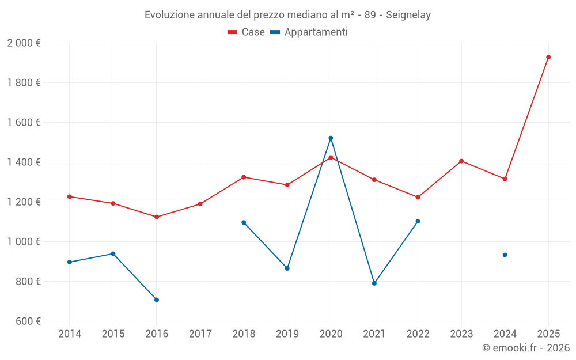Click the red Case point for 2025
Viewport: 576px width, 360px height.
pos(548,57)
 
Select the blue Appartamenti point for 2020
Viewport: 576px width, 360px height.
pos(331,138)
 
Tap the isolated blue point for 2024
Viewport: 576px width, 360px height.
pos(505,255)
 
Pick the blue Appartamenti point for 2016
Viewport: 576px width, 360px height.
pos(157,300)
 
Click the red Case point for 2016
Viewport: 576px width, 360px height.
pos(157,217)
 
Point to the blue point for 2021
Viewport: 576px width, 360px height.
pos(374,283)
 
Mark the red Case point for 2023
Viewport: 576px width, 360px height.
pos(461,161)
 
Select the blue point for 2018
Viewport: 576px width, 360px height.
pos(244,222)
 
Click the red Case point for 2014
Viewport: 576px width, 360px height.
pos(70,196)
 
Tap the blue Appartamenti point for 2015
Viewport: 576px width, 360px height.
pos(113,253)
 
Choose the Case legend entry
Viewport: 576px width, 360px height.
pos(247,32)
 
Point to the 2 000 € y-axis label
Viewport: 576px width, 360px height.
pos(24,43)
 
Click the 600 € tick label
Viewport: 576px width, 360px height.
pos(27,321)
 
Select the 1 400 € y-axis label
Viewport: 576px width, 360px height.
pos(24,162)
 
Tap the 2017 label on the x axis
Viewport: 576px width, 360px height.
pos(200,334)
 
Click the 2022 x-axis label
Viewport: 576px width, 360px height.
pos(418,334)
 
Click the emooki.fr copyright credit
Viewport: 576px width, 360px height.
pos(525,348)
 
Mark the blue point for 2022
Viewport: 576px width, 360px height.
pos(418,221)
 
